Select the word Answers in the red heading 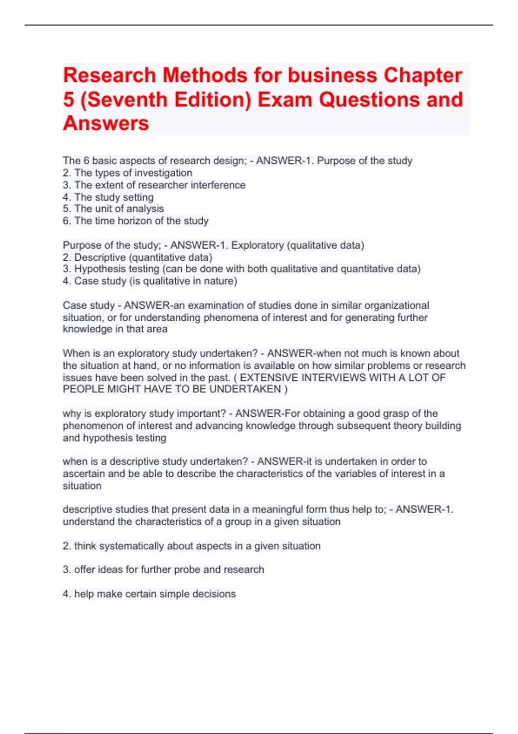click(106, 123)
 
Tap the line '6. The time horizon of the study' click(136, 221)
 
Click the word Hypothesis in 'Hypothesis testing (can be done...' click(101, 269)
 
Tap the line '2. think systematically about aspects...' click(192, 546)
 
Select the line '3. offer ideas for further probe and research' click(163, 570)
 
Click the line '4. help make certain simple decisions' click(149, 594)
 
